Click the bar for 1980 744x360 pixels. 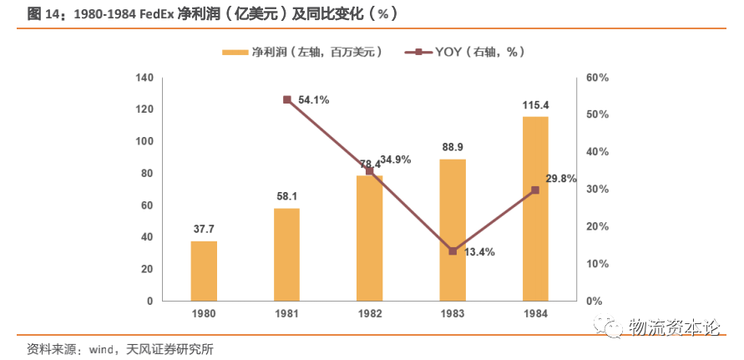pos(204,271)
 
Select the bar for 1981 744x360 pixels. pos(286,254)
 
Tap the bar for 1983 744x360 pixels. pos(453,230)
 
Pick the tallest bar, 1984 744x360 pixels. pos(535,209)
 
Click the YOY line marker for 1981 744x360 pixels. pos(286,99)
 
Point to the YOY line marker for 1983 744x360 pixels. pos(453,251)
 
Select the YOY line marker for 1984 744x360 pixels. pos(535,190)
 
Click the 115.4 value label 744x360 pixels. pos(535,105)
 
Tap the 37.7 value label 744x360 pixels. pos(204,229)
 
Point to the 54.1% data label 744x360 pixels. pos(313,99)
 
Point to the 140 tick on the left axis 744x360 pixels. pos(144,78)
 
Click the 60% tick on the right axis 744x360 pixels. pos(598,78)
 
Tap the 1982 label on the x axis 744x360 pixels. pos(370,313)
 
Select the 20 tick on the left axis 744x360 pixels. pos(148,269)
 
